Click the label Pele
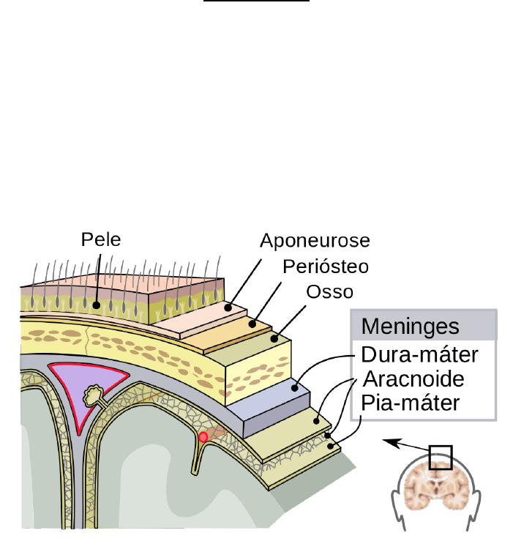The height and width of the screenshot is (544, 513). [101, 239]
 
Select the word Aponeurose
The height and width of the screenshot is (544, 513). [315, 241]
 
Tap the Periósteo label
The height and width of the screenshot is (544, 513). [325, 266]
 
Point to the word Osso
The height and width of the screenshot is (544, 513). [329, 291]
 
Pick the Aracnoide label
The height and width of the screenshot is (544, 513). [413, 379]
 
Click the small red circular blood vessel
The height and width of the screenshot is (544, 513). [203, 437]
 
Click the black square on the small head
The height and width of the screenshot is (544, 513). [441, 458]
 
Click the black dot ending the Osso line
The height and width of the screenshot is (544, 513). [275, 339]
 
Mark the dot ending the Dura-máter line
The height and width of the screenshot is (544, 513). [296, 388]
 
